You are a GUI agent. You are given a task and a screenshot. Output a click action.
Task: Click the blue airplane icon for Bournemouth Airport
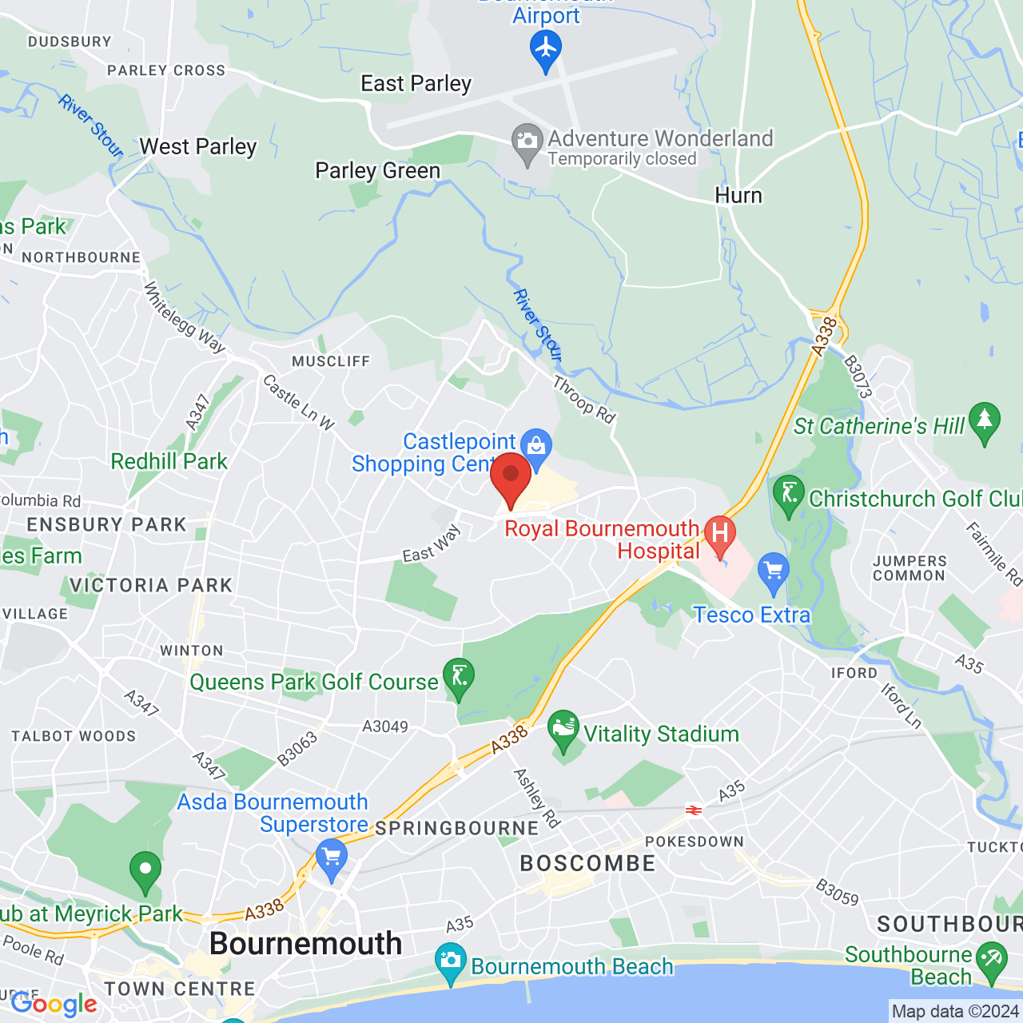(546, 50)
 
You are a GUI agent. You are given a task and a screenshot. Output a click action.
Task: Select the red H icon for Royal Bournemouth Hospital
(719, 534)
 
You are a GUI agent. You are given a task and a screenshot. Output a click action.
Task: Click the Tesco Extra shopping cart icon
(773, 571)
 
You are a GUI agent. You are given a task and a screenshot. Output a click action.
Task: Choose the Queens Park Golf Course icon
(459, 677)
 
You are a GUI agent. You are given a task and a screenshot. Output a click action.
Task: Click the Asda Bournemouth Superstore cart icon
(331, 858)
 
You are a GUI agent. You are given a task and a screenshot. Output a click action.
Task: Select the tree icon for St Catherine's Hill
(984, 420)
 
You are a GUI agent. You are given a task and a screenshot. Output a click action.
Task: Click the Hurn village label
(738, 196)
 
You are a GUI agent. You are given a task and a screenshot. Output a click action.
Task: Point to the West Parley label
(198, 147)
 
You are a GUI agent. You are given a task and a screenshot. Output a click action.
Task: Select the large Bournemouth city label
(305, 944)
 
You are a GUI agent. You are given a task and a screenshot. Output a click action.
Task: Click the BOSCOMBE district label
(587, 864)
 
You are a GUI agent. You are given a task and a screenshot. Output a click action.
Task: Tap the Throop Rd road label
(584, 400)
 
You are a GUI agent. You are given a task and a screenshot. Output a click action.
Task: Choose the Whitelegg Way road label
(185, 316)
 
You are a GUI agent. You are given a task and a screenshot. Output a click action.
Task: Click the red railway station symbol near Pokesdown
(693, 810)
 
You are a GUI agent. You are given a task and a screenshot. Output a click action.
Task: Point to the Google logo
(54, 1004)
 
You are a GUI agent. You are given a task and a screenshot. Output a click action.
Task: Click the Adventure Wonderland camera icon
(527, 142)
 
